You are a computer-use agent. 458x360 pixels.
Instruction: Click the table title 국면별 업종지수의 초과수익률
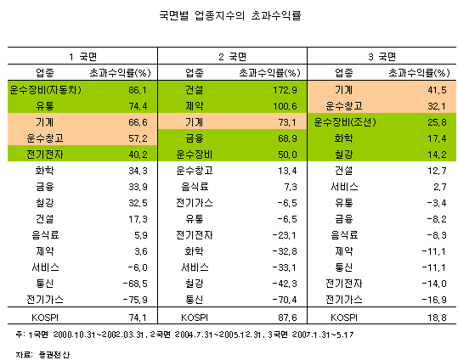tap(230, 15)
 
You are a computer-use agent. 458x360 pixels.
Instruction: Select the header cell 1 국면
tap(83, 56)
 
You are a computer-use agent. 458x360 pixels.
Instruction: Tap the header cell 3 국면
tap(382, 56)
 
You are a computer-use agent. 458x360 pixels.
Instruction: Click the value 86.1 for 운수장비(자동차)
tap(138, 90)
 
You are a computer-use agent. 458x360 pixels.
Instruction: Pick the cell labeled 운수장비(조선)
tap(345, 122)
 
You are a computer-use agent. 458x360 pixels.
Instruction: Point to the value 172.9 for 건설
tap(286, 90)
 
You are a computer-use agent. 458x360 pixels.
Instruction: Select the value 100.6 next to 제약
tap(286, 106)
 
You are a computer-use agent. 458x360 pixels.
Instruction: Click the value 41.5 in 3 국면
tap(438, 90)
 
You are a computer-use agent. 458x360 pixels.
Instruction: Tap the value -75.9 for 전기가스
tap(135, 300)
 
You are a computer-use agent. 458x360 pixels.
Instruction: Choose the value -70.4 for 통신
tap(285, 300)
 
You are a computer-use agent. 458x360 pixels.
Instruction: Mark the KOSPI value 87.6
tap(288, 318)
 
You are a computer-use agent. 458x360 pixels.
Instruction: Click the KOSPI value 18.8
tap(438, 318)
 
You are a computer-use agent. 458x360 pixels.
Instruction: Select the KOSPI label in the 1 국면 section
tap(45, 318)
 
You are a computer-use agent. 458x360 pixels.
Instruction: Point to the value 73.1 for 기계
tap(288, 122)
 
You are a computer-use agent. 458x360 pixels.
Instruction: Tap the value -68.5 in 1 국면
tap(135, 284)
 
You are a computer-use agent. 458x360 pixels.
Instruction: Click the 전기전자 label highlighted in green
tap(45, 155)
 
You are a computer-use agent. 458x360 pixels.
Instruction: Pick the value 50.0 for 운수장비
tap(288, 155)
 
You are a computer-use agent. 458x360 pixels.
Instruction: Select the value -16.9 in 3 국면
tap(434, 300)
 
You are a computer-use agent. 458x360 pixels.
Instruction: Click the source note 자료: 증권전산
tap(42, 355)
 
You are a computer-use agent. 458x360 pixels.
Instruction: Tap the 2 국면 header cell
tap(233, 56)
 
